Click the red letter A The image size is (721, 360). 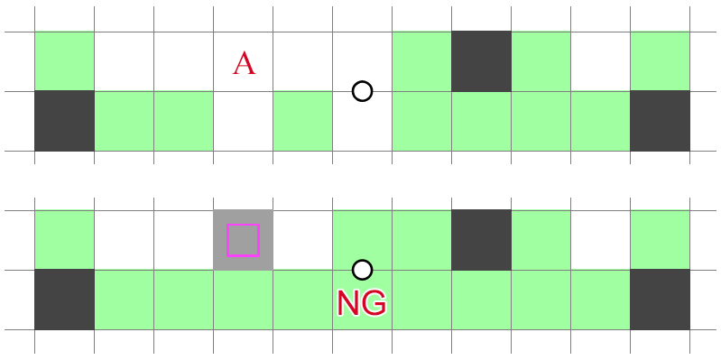(x=244, y=63)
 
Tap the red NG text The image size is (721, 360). (x=361, y=303)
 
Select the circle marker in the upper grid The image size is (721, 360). (x=362, y=91)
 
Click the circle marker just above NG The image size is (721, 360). (x=362, y=270)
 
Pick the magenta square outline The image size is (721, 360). (x=243, y=240)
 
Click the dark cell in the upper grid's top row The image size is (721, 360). (x=481, y=61)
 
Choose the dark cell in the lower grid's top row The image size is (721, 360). (x=481, y=240)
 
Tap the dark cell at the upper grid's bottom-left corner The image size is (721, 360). (x=64, y=121)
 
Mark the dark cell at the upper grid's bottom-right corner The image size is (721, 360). (x=660, y=121)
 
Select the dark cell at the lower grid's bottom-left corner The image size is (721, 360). (x=64, y=300)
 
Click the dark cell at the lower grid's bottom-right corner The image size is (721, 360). (x=660, y=300)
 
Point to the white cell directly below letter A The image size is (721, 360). (x=243, y=121)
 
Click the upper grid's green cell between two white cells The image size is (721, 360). (x=302, y=121)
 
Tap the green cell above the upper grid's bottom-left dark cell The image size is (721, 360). (x=64, y=61)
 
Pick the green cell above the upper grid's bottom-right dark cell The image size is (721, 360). (x=660, y=61)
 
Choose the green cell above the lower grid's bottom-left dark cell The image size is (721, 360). (x=64, y=240)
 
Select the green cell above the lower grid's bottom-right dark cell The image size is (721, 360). (x=660, y=240)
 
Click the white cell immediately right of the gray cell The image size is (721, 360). (x=302, y=240)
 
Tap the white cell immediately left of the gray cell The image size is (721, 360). (x=183, y=240)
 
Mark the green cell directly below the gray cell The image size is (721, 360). (x=243, y=300)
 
